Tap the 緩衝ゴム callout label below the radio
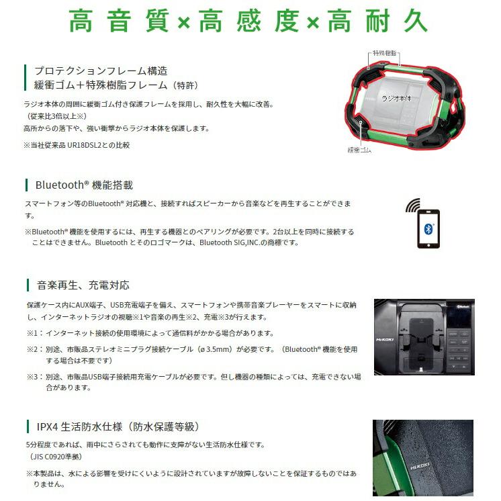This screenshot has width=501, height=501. pyautogui.click(x=360, y=149)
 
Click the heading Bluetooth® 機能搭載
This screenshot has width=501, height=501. pyautogui.click(x=84, y=185)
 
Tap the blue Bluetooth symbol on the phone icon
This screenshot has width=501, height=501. pyautogui.click(x=428, y=228)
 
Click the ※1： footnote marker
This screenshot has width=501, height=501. pyautogui.click(x=34, y=333)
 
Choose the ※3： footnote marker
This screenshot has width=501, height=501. pyautogui.click(x=34, y=377)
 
